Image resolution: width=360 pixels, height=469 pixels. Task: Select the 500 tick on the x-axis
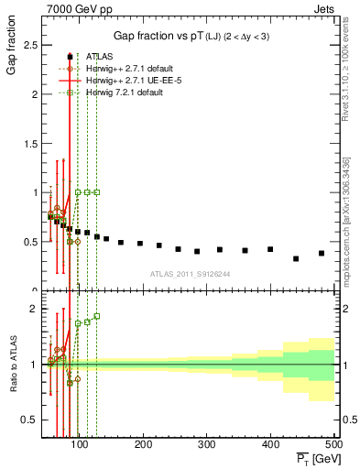click(334, 446)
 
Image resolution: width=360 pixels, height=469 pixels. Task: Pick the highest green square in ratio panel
click(97, 316)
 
